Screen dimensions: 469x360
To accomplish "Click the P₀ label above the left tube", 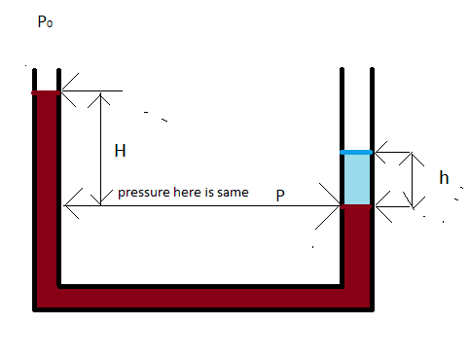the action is click(45, 22).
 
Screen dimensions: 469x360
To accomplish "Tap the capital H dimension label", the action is click(120, 151).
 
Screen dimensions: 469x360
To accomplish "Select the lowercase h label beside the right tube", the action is click(444, 178).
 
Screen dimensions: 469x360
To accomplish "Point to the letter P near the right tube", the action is click(280, 196).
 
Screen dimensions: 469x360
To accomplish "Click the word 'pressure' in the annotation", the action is click(145, 193).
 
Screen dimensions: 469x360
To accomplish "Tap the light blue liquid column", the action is click(357, 179).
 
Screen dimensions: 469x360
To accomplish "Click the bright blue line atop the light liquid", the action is click(356, 152).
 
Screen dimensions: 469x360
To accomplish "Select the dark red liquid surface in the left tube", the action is click(46, 93).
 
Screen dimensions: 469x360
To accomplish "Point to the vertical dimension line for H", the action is click(101, 149).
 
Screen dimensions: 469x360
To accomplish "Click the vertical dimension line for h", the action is click(413, 180).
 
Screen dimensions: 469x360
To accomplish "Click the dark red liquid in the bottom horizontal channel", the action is click(201, 298).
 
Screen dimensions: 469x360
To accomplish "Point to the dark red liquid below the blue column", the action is click(357, 246).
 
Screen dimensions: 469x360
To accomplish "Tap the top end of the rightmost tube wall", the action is click(372, 69).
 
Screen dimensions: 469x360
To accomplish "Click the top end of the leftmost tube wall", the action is click(34, 70).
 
